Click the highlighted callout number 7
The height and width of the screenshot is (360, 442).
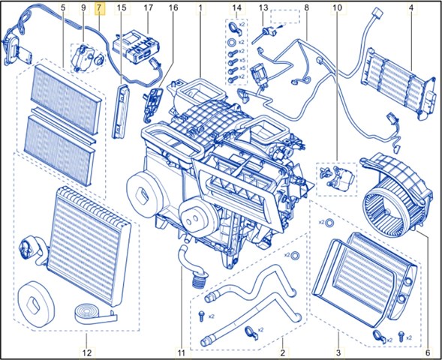(99, 8)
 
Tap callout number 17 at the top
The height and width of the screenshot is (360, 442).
(148, 8)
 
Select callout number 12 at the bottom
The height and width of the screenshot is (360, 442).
(87, 352)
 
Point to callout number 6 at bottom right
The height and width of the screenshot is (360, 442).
(428, 352)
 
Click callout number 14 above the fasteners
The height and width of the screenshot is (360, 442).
(237, 8)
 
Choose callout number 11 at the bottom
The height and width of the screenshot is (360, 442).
(181, 352)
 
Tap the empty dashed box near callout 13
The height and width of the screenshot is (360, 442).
(285, 16)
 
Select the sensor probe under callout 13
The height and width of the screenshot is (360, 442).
(264, 34)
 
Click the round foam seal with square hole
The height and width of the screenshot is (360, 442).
(35, 304)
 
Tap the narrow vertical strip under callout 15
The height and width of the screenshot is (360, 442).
(121, 111)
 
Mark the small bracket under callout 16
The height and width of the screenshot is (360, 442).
(152, 103)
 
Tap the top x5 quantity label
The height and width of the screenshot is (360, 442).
(242, 60)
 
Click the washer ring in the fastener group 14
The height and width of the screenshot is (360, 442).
(231, 42)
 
